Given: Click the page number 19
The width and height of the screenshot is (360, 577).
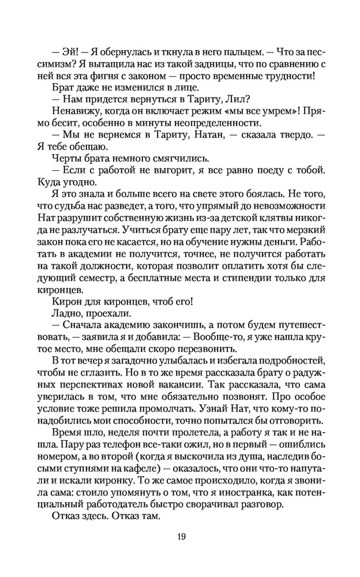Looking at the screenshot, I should click(x=181, y=536).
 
